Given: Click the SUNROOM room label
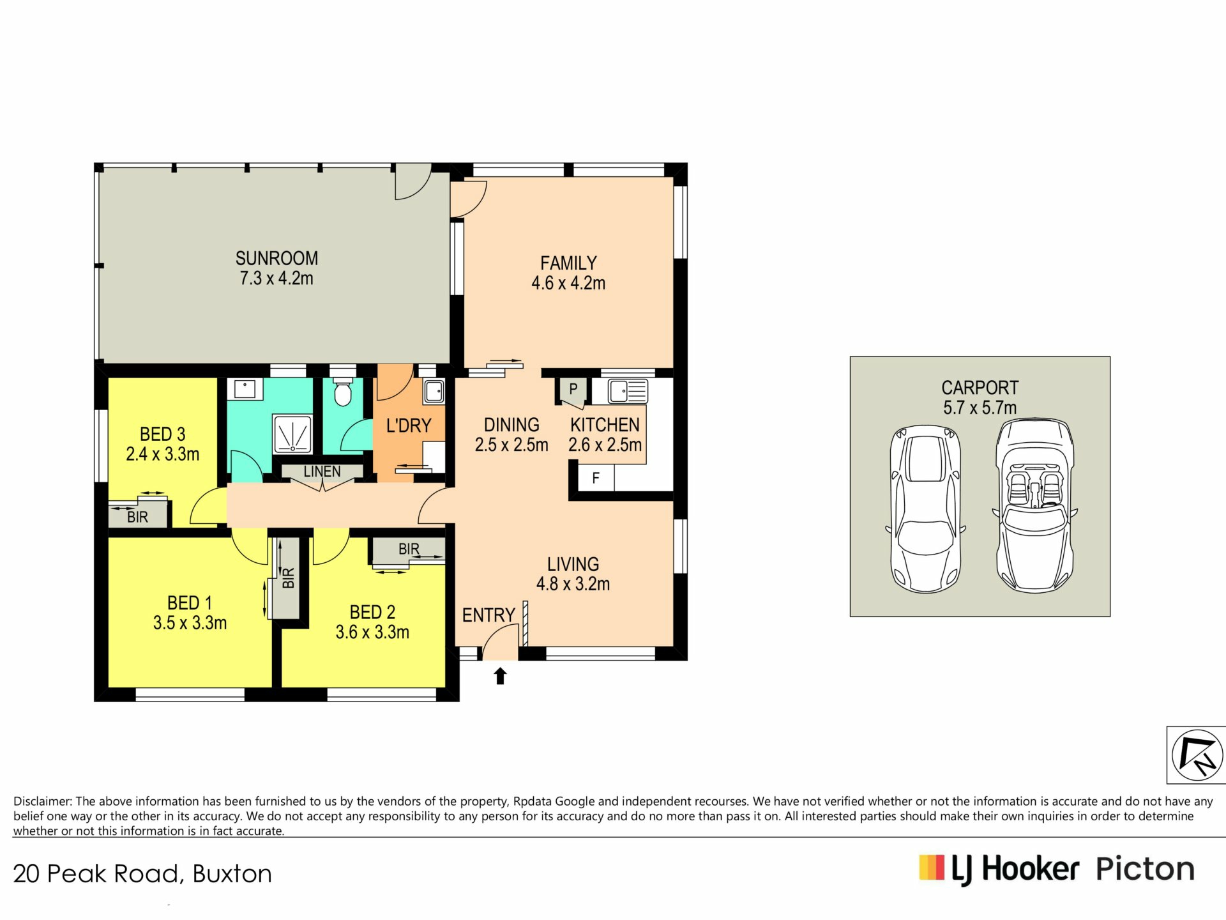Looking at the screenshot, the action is pos(276,258).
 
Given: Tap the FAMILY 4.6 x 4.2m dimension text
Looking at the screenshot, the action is pos(568,283).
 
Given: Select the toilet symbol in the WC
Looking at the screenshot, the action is pos(343,392).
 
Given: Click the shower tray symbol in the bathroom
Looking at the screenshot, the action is pos(292,434).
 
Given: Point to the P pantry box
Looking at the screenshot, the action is pos(572,391).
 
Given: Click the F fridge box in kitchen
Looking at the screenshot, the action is pos(595,478).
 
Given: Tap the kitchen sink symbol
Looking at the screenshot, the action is pos(628,391).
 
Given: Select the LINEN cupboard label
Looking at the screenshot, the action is pos(322,471).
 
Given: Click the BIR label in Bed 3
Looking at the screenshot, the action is pos(137,517).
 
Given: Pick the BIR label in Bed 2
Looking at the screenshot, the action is pos(409,549).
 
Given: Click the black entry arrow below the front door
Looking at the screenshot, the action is pos(500,676).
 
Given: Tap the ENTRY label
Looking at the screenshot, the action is pos(488,615).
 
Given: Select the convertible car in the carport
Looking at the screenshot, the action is pos(1034,505).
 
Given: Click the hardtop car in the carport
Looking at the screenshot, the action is pos(925,509).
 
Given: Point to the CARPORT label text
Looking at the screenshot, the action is pos(980,388).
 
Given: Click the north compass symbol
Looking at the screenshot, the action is pos(1197,755).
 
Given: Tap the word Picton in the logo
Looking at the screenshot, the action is pos(1145,870).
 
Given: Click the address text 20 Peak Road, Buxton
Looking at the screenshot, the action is pos(142,874).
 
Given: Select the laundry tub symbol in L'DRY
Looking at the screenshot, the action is pos(434,391).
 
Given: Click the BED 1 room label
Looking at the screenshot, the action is pos(189,603).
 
